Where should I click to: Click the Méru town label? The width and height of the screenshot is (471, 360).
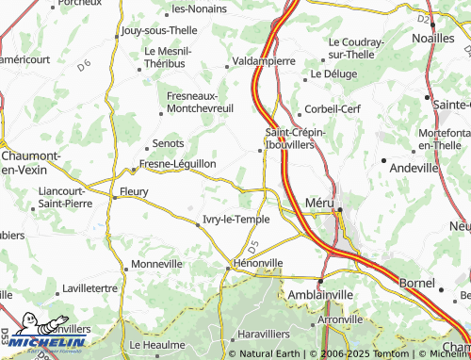click(x=321, y=202)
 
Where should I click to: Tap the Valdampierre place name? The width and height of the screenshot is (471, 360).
click(x=264, y=60)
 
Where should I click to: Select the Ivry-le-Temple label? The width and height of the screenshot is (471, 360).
click(x=235, y=220)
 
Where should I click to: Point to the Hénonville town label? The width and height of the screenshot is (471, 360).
click(x=257, y=263)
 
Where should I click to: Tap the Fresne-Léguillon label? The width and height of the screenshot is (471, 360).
click(x=177, y=163)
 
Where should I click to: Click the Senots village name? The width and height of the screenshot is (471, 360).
click(x=168, y=144)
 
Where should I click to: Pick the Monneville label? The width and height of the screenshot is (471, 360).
click(x=157, y=264)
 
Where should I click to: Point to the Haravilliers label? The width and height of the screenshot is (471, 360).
click(x=268, y=335)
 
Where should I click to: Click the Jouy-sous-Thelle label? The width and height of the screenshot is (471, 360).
click(x=159, y=30)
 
